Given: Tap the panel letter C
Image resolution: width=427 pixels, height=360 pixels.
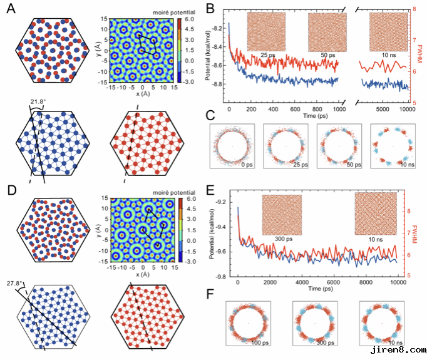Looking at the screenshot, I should pos(211,116).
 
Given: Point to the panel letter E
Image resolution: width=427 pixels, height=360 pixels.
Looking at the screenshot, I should pos(211,185).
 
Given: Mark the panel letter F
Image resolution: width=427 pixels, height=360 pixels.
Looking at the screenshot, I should pos(211,293).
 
